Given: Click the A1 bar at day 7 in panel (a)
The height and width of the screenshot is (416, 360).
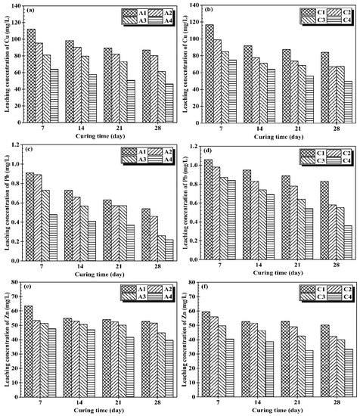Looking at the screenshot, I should tap(31, 76).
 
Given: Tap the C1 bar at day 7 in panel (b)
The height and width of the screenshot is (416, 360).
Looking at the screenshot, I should tap(208, 73).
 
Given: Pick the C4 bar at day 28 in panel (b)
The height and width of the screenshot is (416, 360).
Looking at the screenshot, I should tap(326, 101).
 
